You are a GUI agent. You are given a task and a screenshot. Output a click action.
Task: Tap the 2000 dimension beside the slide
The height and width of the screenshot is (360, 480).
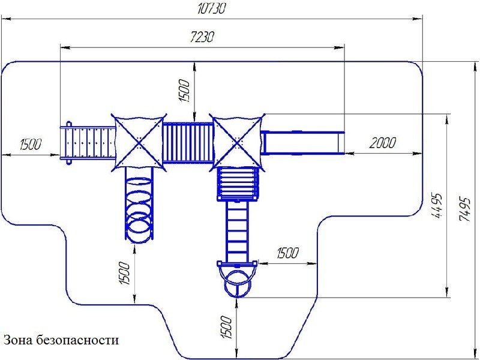coord(382,143)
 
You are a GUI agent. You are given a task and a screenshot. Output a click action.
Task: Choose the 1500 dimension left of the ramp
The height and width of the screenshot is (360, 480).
coord(30,145)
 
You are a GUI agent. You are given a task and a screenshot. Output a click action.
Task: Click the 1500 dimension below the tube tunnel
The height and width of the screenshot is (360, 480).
coord(124,274)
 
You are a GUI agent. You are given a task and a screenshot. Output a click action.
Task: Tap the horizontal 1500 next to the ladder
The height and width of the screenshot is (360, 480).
coord(287,253)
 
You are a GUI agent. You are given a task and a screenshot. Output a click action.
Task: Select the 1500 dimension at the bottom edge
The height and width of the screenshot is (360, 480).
coord(227,328)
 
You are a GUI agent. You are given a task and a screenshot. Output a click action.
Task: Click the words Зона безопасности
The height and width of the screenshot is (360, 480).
coord(61,340)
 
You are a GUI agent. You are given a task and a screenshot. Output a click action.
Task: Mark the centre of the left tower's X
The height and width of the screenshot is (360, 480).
coord(139,142)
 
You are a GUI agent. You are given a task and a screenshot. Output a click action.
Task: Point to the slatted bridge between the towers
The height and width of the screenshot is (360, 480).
coord(188,142)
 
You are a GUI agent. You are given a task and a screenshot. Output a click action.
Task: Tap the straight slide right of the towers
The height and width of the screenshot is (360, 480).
coord(303,143)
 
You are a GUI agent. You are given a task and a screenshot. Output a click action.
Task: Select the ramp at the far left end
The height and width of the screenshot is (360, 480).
coord(87,143)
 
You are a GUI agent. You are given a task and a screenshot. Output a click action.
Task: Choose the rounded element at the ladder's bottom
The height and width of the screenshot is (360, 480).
coord(238,280)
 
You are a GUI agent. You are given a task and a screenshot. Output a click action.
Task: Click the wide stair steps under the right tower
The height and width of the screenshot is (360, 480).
coord(238,184)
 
